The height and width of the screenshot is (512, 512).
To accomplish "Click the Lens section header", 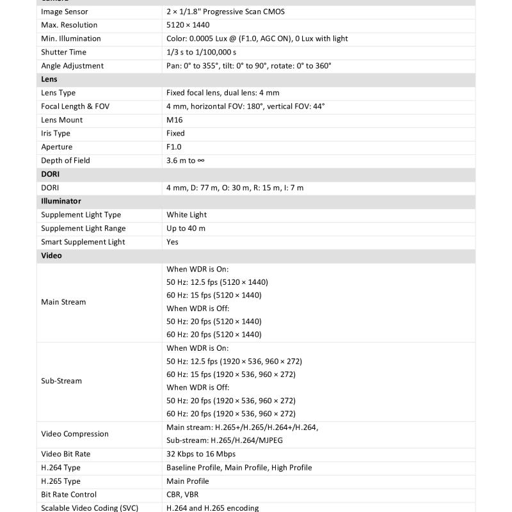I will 49,79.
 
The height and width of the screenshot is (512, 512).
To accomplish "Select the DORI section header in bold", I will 50,174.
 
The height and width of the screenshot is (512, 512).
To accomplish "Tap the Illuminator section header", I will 61,201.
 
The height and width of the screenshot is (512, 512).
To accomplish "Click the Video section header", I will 51,255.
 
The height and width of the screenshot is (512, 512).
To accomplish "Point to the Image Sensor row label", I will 65,12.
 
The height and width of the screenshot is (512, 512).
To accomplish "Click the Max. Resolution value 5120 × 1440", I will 188,25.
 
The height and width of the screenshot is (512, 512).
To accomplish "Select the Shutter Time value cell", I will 201,52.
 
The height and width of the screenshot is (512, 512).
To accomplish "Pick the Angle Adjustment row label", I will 72,66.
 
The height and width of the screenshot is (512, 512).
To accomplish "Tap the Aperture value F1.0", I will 173,147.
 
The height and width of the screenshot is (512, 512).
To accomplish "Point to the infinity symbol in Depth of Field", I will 201,161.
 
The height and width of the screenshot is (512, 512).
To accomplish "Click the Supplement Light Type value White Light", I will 186,215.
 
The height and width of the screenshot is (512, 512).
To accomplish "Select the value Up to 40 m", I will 186,228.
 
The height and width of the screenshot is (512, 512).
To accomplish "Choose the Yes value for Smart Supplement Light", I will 173,242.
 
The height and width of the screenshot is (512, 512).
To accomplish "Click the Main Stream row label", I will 63,302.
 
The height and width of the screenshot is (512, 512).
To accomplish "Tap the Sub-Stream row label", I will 61,381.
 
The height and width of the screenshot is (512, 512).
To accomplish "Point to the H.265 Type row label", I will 61,481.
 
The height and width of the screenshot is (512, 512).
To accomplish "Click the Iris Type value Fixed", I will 175,133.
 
